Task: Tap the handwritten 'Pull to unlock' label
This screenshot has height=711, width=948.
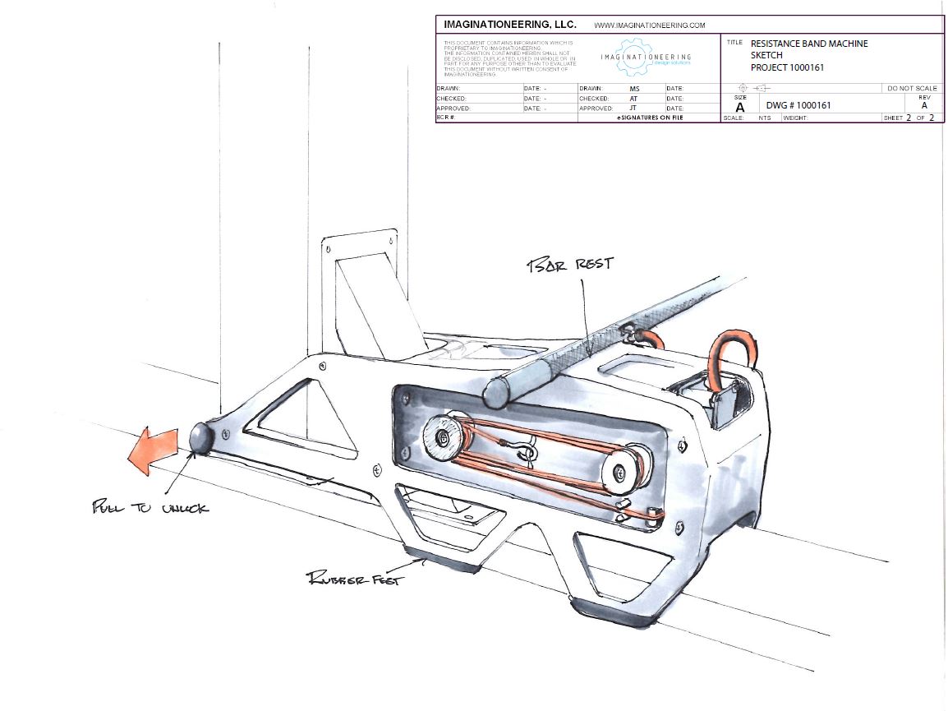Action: (x=150, y=507)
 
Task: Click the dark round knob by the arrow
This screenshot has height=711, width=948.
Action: (x=201, y=437)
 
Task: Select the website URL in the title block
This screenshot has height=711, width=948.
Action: (x=649, y=25)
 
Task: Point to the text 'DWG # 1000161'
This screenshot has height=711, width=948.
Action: (x=798, y=105)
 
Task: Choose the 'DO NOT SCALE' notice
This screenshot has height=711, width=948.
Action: (x=912, y=88)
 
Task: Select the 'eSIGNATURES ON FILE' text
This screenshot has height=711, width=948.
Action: (x=649, y=118)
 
